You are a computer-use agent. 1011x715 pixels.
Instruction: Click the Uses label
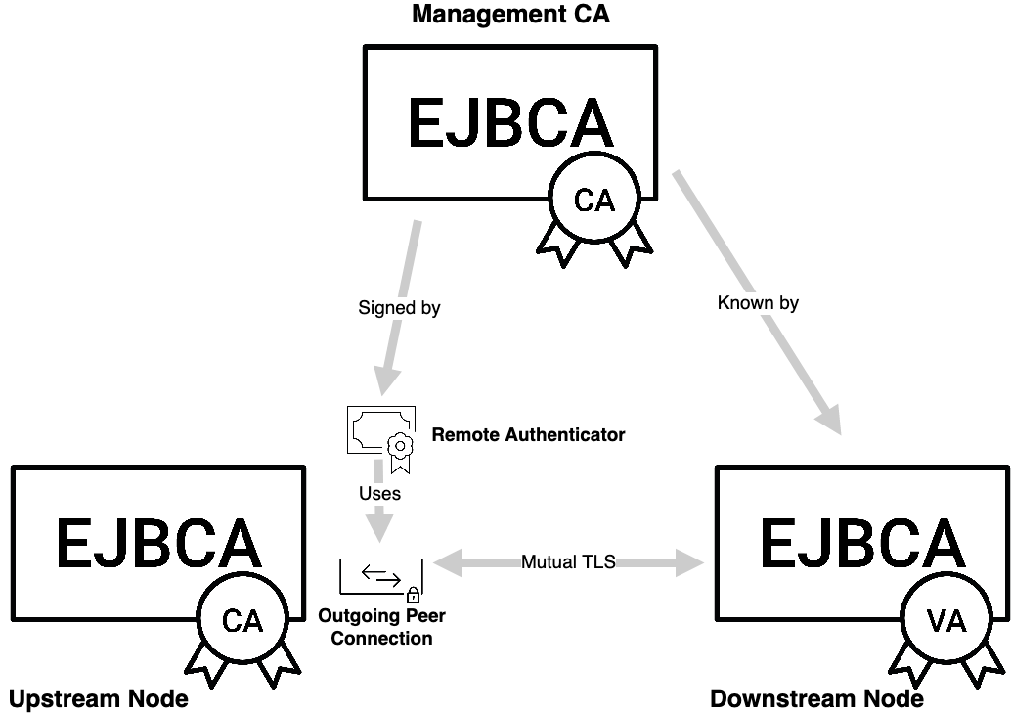[x=379, y=494]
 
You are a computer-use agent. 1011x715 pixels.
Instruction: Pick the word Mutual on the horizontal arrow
[x=547, y=562]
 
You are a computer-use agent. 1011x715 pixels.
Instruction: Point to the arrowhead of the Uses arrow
[x=379, y=529]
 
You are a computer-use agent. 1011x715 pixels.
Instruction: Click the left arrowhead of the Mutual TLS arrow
[x=445, y=562]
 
